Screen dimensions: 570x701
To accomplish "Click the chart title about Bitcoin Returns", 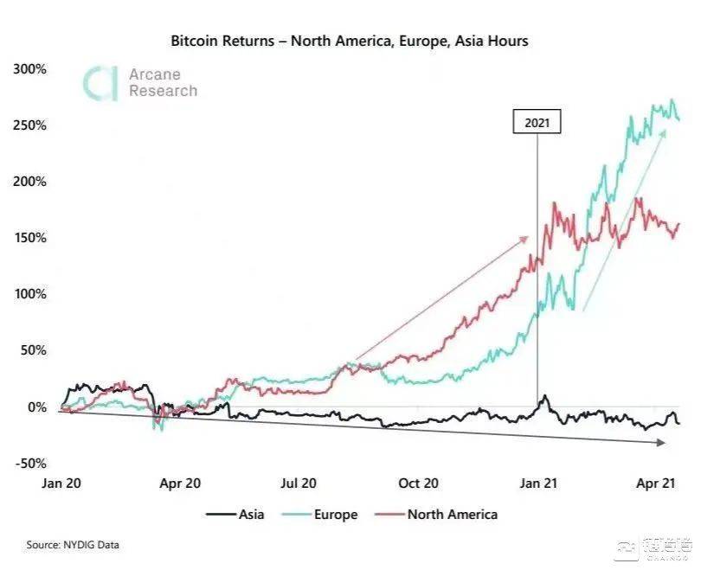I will (x=349, y=41).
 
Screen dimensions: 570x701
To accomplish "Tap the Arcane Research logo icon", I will (x=100, y=83).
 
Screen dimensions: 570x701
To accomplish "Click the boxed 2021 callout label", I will (x=537, y=123).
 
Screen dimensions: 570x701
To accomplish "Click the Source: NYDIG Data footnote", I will (x=73, y=545).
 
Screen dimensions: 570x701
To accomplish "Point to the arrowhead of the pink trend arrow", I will (x=525, y=238).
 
